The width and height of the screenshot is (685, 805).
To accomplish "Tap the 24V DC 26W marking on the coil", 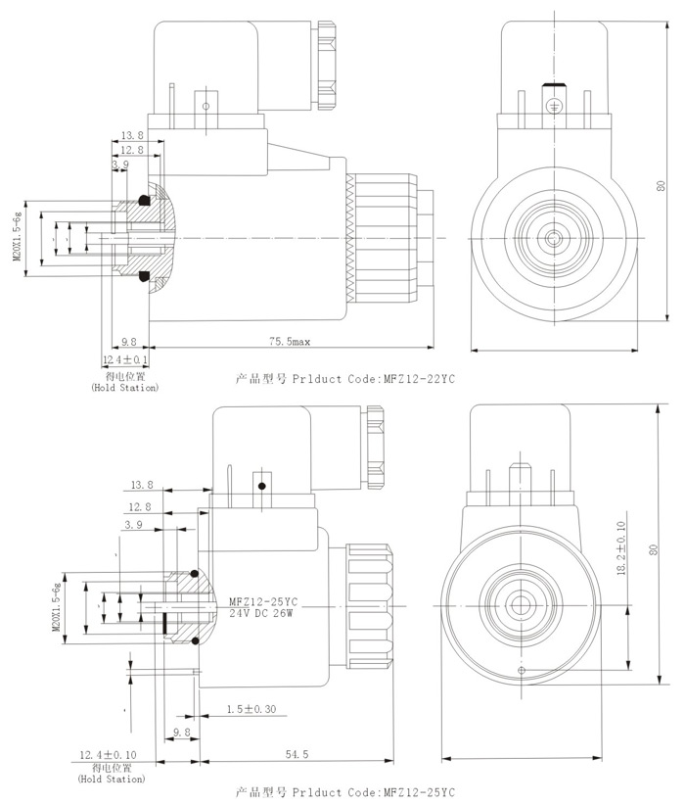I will click(262, 613).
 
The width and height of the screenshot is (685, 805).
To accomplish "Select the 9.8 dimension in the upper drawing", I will click(129, 342).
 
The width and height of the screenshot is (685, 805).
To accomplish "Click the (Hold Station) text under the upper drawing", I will click(125, 389).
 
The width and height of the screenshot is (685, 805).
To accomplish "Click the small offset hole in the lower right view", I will click(521, 670).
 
